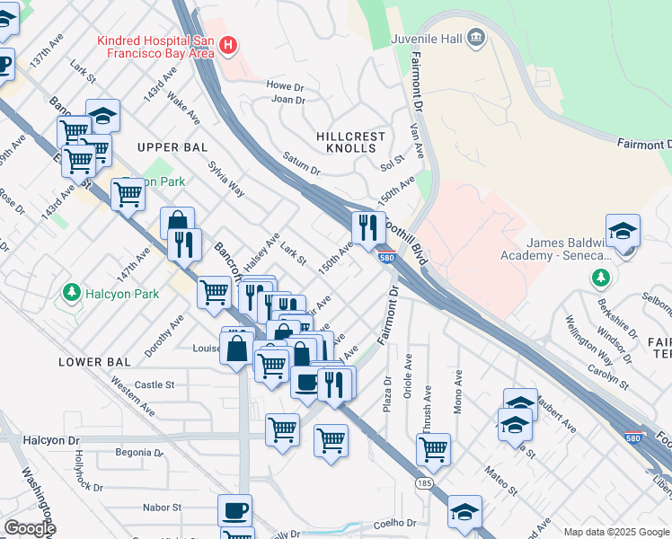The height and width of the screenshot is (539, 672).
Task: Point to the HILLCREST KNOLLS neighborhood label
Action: coord(351,142)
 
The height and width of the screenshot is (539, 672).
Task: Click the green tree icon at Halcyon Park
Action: coord(70,293)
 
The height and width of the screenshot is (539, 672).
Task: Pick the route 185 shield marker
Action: coord(421,483)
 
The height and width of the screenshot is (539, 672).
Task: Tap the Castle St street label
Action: coord(155,384)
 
